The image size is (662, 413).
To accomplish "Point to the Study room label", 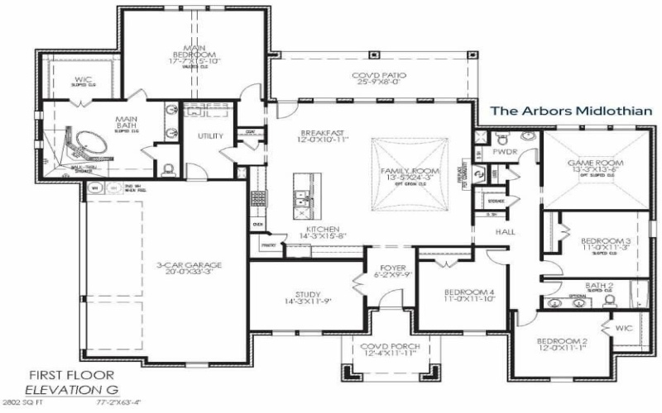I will (x=308, y=295).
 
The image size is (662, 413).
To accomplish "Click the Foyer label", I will (x=392, y=268).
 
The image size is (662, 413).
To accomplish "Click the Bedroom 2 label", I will (x=562, y=341).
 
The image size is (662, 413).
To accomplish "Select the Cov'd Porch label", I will (x=389, y=347).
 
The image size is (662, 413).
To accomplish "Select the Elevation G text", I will (x=70, y=388).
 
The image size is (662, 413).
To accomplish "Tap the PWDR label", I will (x=505, y=153).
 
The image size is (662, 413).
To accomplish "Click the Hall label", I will (x=505, y=232).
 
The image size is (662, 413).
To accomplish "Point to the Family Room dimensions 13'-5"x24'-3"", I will (x=405, y=178).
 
